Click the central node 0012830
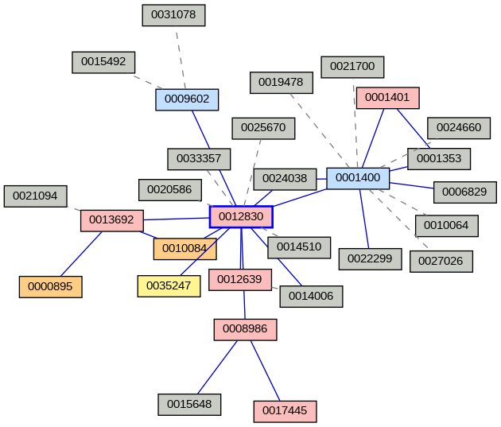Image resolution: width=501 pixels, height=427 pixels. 241,217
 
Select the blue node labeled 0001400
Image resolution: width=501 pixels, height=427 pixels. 358,177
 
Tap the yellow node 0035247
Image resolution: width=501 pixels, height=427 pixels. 169,285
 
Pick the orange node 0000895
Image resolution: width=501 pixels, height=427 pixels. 50,286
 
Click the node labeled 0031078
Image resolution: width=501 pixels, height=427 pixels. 173,14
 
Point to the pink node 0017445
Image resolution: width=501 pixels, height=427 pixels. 285,411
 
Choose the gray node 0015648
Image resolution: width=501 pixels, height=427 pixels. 189,404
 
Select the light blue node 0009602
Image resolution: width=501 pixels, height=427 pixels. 187,99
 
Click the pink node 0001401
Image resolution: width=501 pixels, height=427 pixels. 387,98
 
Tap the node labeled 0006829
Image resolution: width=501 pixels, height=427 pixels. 464,192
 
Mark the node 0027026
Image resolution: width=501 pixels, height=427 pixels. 441,261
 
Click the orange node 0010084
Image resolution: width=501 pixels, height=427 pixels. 184,249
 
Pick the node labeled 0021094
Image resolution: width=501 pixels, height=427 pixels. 35,196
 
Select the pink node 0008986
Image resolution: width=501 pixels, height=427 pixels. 245,328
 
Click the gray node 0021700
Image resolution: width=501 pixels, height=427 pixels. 352,67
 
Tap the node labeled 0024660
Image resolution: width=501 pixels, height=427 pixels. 458,127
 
